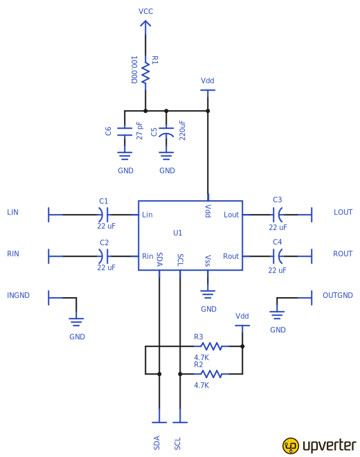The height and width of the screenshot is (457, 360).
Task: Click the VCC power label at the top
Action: point(145,12)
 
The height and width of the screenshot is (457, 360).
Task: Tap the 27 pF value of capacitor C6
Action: point(140,131)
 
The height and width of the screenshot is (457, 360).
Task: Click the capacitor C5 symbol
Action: point(166,132)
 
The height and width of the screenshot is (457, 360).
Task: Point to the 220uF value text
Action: point(183,130)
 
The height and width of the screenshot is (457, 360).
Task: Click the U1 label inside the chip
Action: point(178,233)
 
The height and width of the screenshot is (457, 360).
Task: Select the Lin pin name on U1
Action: point(147,215)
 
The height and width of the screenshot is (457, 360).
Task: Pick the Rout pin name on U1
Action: point(231,256)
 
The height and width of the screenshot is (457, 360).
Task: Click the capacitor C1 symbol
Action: point(104,215)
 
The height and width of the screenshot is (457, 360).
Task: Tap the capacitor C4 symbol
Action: point(278,256)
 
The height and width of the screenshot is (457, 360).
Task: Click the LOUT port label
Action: point(343,212)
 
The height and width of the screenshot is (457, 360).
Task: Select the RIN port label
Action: point(13,253)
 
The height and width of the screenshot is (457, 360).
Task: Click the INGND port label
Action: point(18,295)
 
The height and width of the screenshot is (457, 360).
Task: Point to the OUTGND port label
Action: point(337,295)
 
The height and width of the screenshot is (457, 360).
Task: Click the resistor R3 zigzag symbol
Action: point(210,346)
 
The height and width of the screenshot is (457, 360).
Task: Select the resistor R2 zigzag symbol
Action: point(210,374)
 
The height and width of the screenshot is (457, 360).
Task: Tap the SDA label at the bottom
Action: point(157,443)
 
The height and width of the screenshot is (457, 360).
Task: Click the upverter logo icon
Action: point(291,445)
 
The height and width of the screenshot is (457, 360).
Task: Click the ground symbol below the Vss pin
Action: point(208,294)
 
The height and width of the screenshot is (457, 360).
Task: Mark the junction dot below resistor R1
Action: point(145,111)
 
